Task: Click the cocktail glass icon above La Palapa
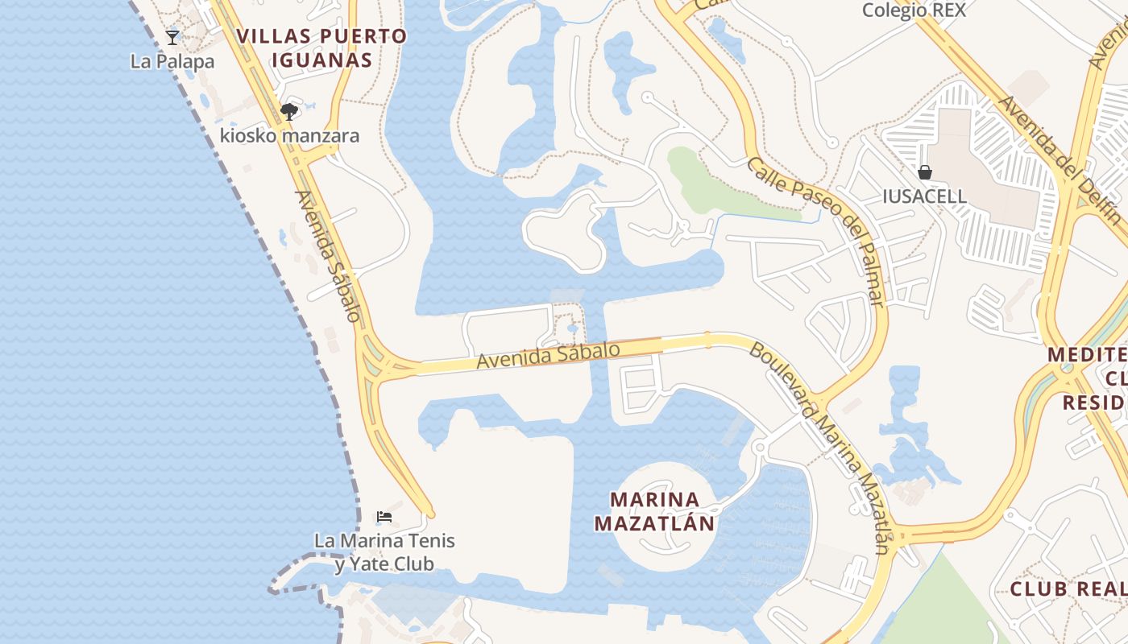[172, 37]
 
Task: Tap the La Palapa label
[172, 61]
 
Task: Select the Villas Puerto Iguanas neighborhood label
[322, 47]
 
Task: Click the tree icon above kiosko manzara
[288, 111]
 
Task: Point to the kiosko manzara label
[289, 135]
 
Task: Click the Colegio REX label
[914, 10]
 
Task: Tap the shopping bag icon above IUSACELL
[925, 172]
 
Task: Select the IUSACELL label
[924, 196]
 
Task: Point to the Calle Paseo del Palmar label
[817, 232]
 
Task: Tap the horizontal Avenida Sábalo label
[548, 356]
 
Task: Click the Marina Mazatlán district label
[654, 511]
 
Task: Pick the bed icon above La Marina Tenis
[384, 516]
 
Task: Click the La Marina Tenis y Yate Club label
[384, 552]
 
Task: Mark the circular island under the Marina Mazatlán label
[663, 551]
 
